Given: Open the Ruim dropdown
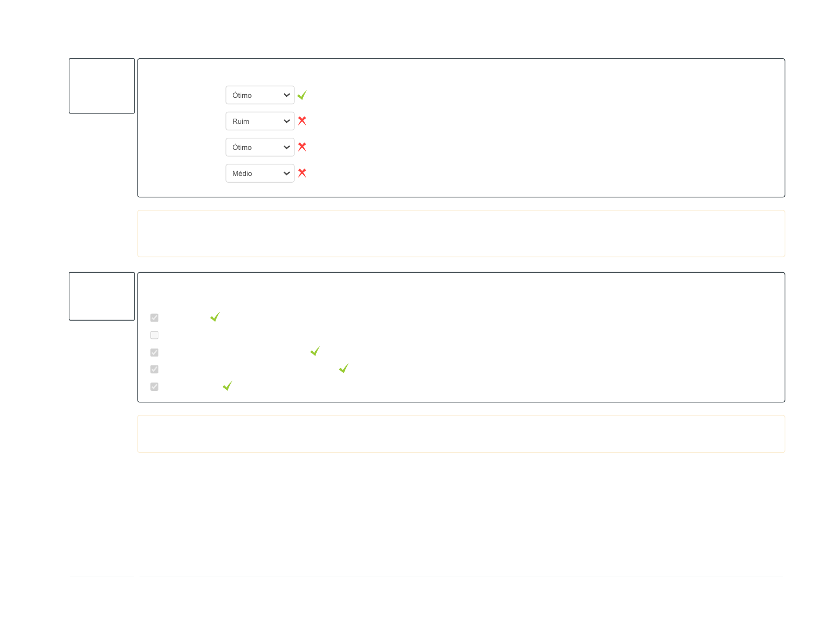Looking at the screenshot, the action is [259, 121].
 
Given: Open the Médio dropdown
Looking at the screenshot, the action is [259, 173].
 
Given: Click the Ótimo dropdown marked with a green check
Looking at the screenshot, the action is [259, 95].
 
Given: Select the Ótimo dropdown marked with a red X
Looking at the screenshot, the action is [259, 147].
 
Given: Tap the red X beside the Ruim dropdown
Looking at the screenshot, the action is [302, 121].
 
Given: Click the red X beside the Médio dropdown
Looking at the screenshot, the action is [302, 173].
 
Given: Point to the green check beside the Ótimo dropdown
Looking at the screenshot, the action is [302, 95].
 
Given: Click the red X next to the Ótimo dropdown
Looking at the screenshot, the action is [302, 147].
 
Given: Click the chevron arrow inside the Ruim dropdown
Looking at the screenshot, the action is [286, 121].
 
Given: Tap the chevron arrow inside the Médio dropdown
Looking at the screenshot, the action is [286, 173].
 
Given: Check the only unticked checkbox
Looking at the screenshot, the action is [154, 335].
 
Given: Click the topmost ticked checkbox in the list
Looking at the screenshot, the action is [154, 317].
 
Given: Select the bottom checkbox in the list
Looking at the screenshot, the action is [154, 387].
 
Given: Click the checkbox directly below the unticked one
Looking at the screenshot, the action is [154, 352].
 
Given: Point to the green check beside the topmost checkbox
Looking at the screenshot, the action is [215, 317].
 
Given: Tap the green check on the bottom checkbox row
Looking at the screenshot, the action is [228, 386].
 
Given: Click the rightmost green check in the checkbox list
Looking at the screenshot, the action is [344, 368].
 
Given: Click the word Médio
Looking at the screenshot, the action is [242, 173].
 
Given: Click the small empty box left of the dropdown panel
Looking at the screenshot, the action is [102, 86].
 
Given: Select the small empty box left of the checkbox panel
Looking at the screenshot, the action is [102, 296].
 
